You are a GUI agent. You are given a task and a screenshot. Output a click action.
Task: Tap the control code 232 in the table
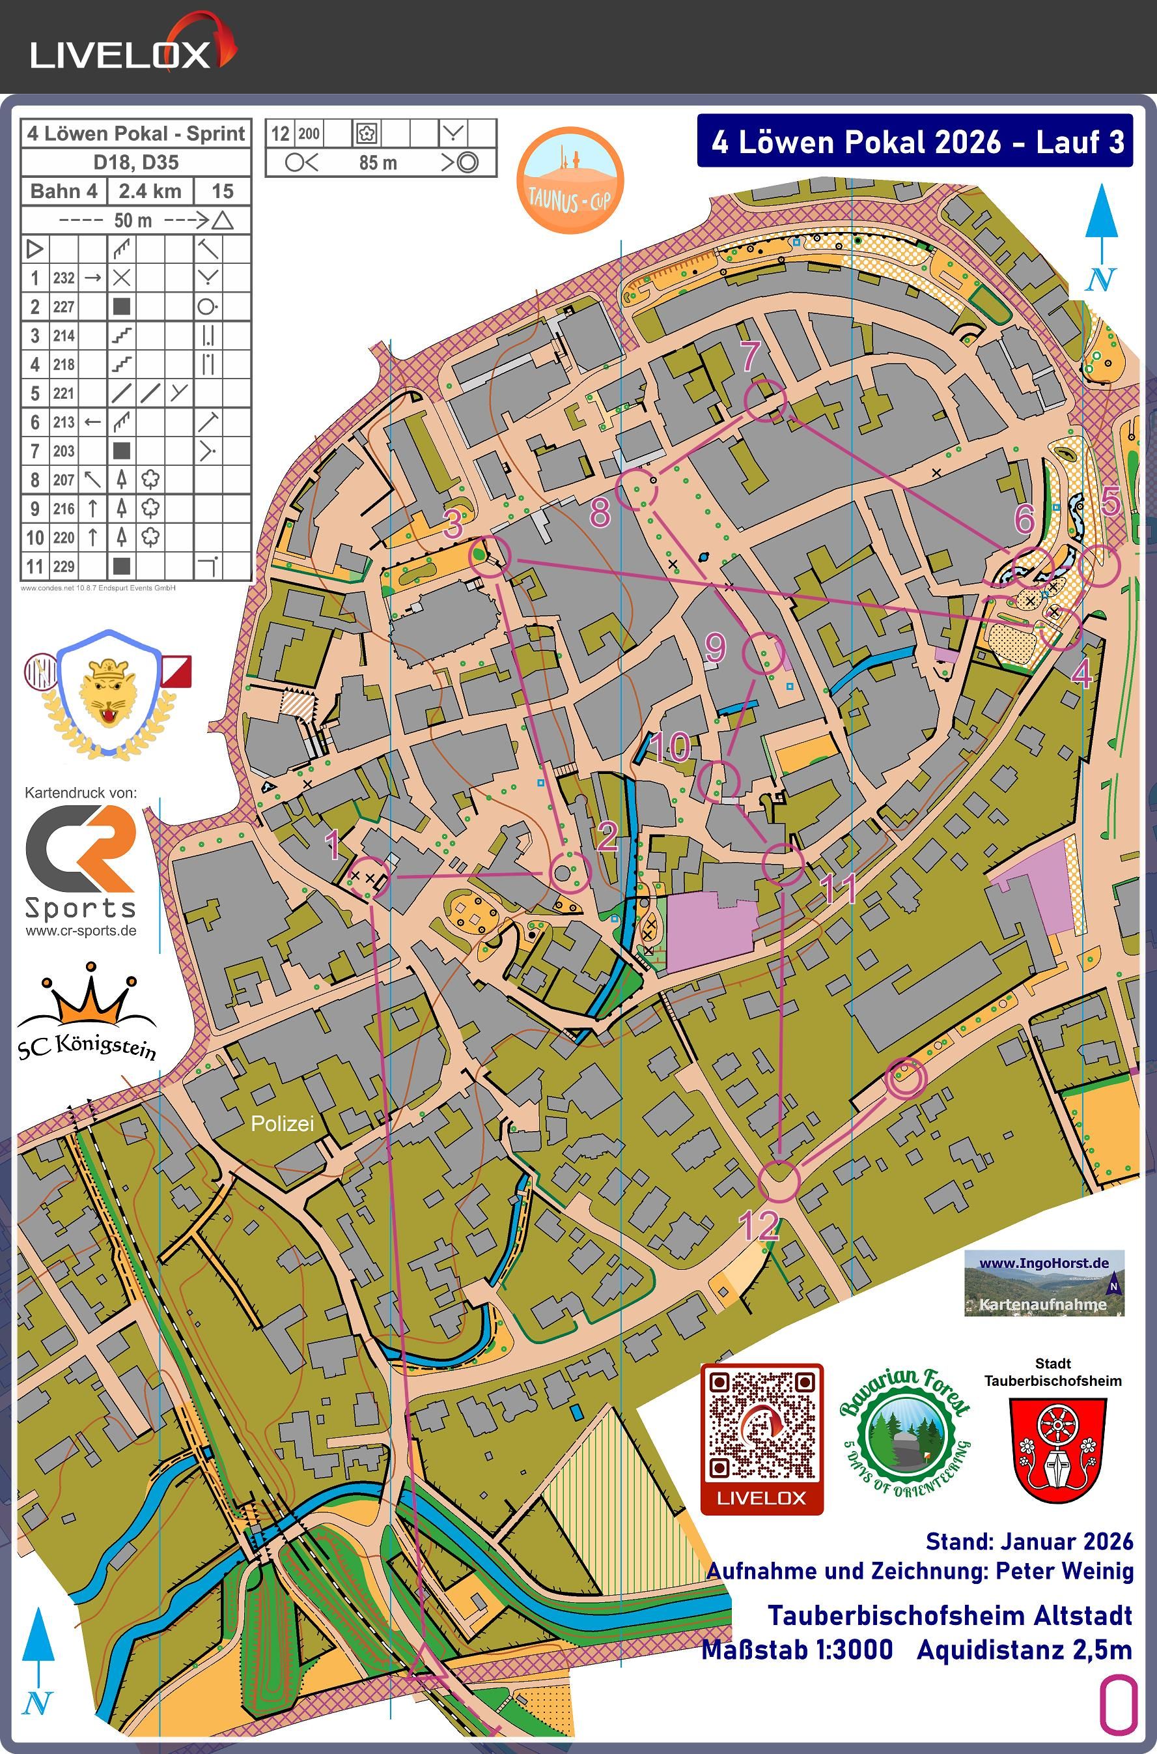pyautogui.click(x=63, y=278)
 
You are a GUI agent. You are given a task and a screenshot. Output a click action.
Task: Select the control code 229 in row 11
pyautogui.click(x=63, y=567)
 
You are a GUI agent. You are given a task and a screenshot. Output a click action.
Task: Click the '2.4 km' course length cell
pyautogui.click(x=150, y=191)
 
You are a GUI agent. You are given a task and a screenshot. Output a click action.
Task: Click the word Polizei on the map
pyautogui.click(x=282, y=1123)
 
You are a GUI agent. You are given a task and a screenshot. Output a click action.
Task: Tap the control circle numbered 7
pyautogui.click(x=765, y=400)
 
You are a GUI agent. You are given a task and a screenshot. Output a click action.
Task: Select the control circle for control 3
pyautogui.click(x=490, y=555)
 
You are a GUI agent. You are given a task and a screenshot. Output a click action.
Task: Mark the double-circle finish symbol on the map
pyautogui.click(x=906, y=1078)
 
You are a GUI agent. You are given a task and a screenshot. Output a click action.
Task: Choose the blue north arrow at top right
pyautogui.click(x=1102, y=237)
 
